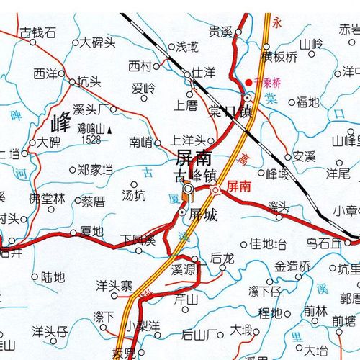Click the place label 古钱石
pyautogui.click(x=37, y=33)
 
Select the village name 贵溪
pyautogui.click(x=220, y=32)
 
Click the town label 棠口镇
pyautogui.click(x=230, y=110)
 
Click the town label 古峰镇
pyautogui.click(x=196, y=174)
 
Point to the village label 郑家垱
pyautogui.click(x=95, y=171)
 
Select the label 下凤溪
pyautogui.click(x=138, y=238)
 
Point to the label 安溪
pyautogui.click(x=305, y=156)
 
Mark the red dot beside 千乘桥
pyautogui.click(x=249, y=82)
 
